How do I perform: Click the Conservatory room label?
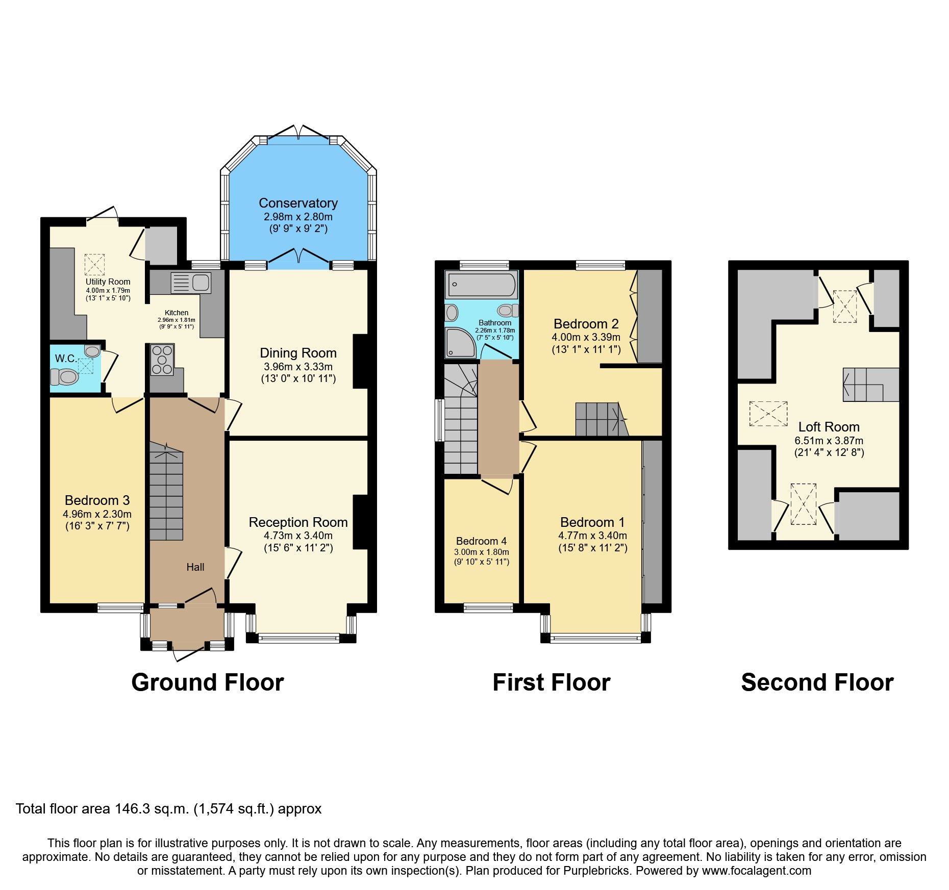click(298, 203)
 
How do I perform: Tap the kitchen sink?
click(190, 283)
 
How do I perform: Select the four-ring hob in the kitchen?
click(162, 360)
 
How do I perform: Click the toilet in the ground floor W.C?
click(64, 377)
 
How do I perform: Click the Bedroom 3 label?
click(97, 500)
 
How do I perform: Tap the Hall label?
click(195, 567)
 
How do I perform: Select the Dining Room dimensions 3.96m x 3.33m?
click(298, 366)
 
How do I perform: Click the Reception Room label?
click(298, 522)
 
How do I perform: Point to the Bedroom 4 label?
click(481, 541)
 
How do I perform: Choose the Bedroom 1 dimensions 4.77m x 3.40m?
click(592, 536)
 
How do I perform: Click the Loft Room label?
click(829, 427)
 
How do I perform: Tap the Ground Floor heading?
click(207, 682)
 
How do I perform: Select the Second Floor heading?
click(817, 682)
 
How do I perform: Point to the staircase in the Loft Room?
click(870, 385)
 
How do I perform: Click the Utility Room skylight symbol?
click(94, 264)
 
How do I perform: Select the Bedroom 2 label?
click(586, 324)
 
